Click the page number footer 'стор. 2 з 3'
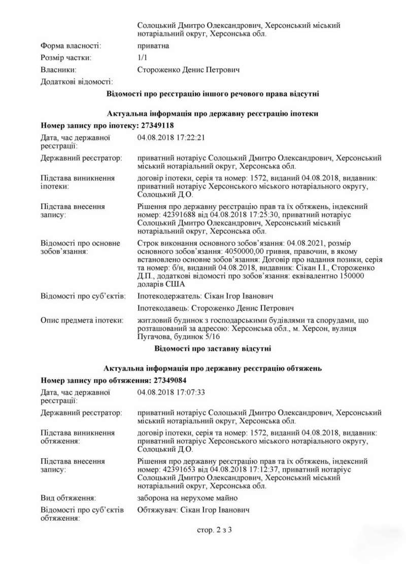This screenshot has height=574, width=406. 214,530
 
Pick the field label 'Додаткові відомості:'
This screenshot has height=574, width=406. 77,82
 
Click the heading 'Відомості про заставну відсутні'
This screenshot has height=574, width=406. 213,348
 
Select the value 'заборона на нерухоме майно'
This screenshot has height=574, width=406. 187,498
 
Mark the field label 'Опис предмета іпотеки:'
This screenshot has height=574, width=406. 82,320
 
